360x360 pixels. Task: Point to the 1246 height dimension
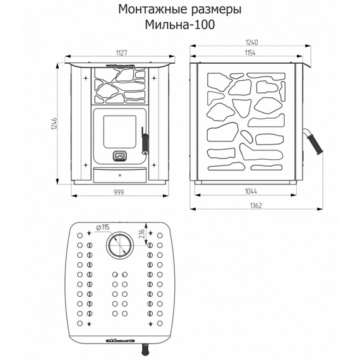coord(55,122)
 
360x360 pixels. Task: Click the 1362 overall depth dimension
coord(256,206)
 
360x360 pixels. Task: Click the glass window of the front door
coord(117,128)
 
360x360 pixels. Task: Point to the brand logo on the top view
coord(120,339)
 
